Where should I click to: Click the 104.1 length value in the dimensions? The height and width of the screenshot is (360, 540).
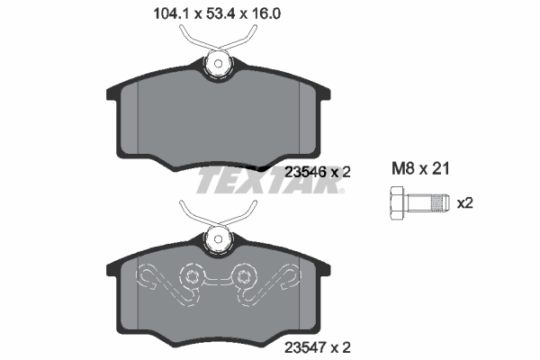162,13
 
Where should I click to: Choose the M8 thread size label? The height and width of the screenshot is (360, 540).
403,167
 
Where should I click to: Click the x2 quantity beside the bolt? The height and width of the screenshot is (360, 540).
464,202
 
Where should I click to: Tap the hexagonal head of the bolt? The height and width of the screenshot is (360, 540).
397,202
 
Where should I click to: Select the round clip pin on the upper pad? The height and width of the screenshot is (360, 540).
217,63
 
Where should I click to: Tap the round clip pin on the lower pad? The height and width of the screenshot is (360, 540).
217,239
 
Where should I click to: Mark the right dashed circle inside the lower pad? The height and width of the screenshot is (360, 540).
243,274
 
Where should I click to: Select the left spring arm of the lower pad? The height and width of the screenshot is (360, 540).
191,214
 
